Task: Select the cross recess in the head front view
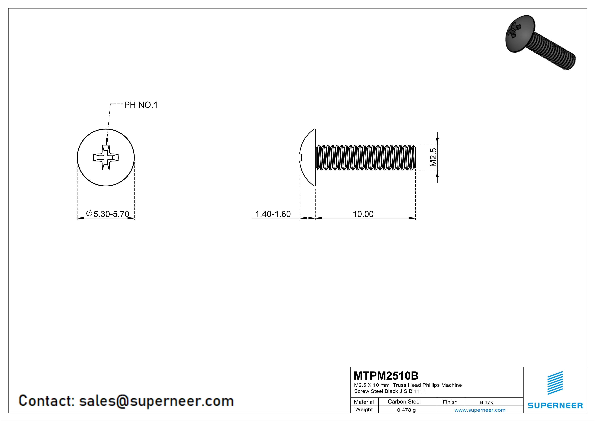106,157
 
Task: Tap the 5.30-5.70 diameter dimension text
111,214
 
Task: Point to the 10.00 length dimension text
363,214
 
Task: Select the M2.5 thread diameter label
433,157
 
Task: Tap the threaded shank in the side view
365,157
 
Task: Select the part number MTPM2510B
386,376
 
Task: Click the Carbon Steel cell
404,401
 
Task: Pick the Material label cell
364,402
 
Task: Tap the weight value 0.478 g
406,410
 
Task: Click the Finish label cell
450,402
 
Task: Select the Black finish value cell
486,402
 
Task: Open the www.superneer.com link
480,410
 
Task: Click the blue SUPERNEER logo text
555,405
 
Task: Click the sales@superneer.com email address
156,401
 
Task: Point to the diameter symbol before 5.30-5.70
89,213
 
